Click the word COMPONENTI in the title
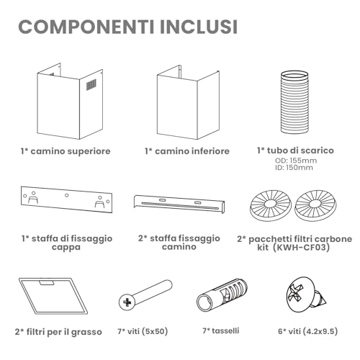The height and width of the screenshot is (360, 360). coord(86,27)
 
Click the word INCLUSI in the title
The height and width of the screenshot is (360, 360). coord(199,27)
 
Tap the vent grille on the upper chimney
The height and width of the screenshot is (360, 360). coord(91,85)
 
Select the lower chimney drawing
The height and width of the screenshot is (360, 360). coord(188,102)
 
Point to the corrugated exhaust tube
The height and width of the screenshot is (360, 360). coord(294,102)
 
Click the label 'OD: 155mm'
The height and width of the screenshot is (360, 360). coord(296,161)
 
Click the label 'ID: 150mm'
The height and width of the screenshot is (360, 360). coord(294,167)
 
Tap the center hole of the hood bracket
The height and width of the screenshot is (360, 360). coord(67,196)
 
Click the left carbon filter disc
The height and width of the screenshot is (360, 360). coord(271,205)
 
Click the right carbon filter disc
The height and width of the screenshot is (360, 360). coord(315,205)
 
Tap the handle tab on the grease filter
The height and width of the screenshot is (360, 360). coord(47,283)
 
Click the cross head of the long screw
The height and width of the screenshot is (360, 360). coord(127,302)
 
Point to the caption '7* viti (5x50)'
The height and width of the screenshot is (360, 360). coord(143,331)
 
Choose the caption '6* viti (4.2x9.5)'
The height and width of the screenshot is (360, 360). coord(308,331)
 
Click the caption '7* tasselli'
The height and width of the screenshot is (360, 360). coord(221,330)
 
